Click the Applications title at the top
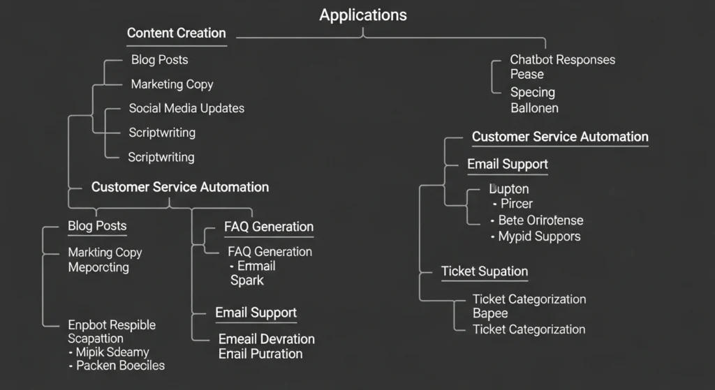pos(362,15)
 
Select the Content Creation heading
pos(176,33)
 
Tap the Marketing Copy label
pos(172,84)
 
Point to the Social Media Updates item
pos(186,108)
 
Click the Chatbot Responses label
pos(562,59)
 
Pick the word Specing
pos(532,92)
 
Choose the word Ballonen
pos(534,108)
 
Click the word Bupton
pos(509,189)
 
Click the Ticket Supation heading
pos(484,271)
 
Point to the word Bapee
pos(490,314)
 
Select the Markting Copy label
pos(105,253)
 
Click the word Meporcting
pos(98,267)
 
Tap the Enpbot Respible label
pos(112,325)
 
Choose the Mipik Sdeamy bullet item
pos(112,352)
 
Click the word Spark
pos(247,280)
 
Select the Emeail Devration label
pos(266,339)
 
